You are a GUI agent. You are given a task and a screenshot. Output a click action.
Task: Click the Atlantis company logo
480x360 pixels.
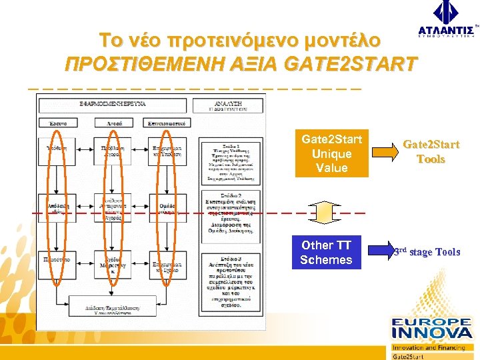click(x=446, y=20)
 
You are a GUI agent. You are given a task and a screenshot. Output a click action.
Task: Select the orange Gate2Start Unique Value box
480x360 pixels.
click(x=331, y=154)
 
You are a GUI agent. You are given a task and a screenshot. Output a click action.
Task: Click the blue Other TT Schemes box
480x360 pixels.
click(x=326, y=252)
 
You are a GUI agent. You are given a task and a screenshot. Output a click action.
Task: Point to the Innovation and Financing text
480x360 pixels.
click(x=428, y=347)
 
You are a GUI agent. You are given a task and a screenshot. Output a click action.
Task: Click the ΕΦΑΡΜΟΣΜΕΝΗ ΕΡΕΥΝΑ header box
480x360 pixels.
click(x=113, y=105)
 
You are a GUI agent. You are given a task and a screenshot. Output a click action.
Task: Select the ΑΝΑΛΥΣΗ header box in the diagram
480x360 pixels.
click(x=227, y=105)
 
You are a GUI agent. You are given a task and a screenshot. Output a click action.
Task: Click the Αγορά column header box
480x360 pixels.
click(x=113, y=123)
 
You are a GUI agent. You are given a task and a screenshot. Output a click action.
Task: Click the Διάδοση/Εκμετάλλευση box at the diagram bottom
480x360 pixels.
click(x=112, y=306)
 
